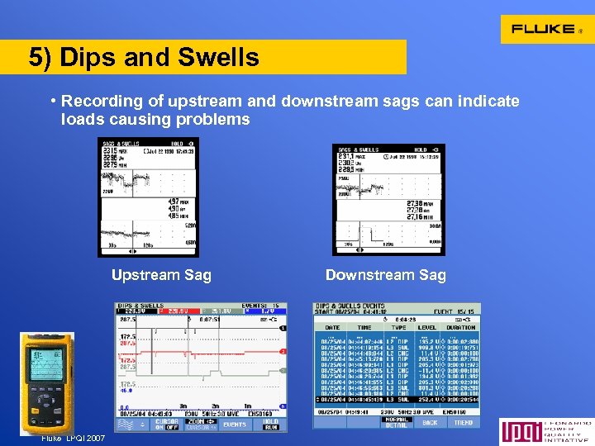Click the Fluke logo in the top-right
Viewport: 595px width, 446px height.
(546, 29)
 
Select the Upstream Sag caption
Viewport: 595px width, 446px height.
(161, 275)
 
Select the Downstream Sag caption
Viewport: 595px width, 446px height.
(385, 275)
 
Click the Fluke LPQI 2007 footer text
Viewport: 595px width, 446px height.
(74, 438)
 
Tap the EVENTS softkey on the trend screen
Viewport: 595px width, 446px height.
(235, 425)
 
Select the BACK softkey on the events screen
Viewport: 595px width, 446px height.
(430, 422)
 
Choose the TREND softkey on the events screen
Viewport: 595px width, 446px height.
(464, 422)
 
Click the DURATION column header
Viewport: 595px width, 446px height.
(461, 327)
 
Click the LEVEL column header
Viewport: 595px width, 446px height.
(426, 327)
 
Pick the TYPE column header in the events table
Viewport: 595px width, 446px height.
(397, 327)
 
